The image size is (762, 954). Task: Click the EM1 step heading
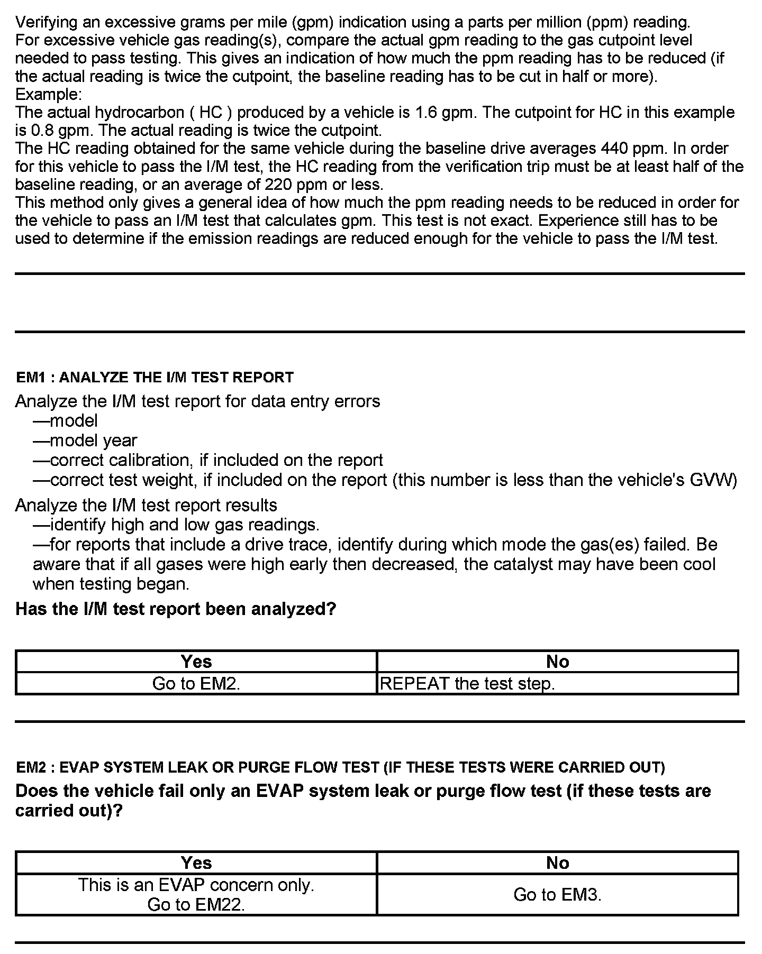coord(155,377)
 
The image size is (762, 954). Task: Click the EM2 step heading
coord(340,767)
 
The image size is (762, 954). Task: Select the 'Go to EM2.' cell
coord(196,683)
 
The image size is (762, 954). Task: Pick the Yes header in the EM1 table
coord(196,661)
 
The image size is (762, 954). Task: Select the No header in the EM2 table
coord(557,863)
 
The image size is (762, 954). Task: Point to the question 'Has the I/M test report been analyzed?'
coord(176,609)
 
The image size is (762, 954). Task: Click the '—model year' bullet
coord(85,441)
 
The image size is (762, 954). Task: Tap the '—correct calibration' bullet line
coord(207,460)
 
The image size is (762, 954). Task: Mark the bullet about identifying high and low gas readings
coord(176,525)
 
